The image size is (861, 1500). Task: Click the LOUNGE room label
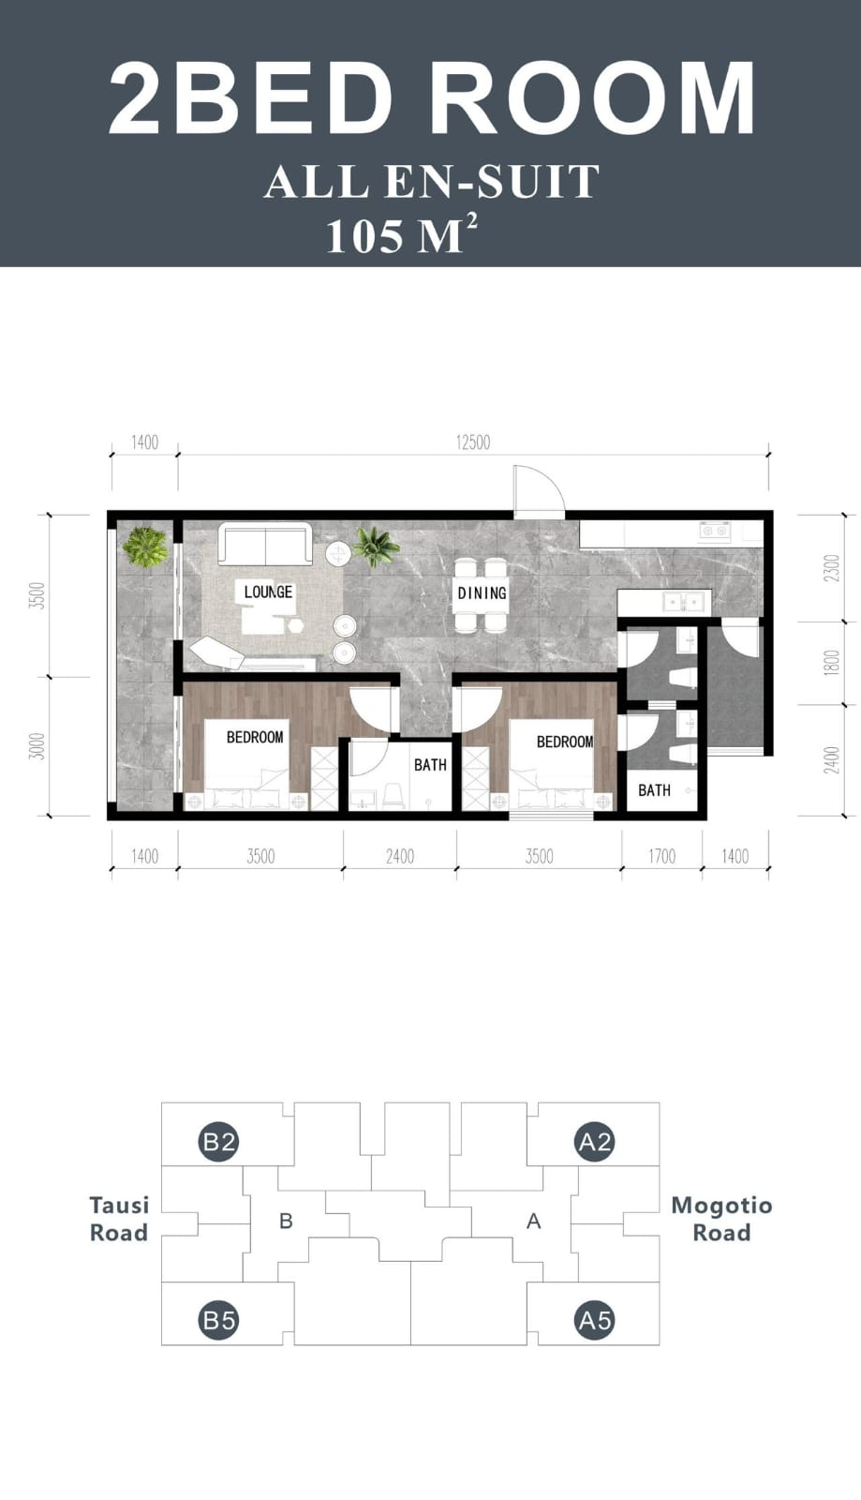[268, 592]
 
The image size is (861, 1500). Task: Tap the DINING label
[482, 592]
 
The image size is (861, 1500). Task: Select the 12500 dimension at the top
[473, 442]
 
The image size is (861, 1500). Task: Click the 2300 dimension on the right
[831, 569]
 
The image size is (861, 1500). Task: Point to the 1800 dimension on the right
[831, 664]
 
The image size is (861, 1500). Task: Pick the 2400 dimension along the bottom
[400, 856]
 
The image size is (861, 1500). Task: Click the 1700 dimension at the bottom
[661, 856]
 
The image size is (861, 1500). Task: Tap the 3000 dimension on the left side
[37, 746]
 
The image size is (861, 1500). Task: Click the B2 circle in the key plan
[219, 1142]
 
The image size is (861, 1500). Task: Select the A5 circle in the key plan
[595, 1321]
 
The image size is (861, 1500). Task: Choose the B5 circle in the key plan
[219, 1321]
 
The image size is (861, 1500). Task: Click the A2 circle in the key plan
[595, 1142]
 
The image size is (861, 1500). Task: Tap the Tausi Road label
[119, 1219]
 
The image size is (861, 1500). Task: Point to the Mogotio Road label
[721, 1219]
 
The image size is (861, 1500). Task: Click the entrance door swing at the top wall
[538, 489]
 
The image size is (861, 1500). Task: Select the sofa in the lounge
[265, 545]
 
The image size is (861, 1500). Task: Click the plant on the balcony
[145, 546]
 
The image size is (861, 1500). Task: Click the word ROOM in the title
[593, 99]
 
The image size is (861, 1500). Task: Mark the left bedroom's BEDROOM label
[255, 737]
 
